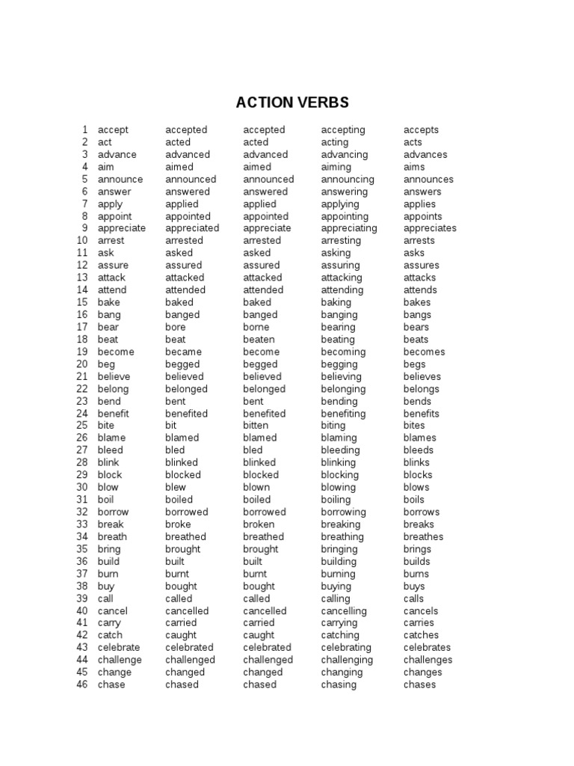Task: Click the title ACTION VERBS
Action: pyautogui.click(x=292, y=102)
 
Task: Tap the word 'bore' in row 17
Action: pyautogui.click(x=176, y=327)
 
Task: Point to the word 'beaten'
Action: pyautogui.click(x=259, y=340)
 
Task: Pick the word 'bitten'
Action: pyautogui.click(x=256, y=426)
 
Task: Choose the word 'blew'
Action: pyautogui.click(x=176, y=487)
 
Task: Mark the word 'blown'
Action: pyautogui.click(x=256, y=487)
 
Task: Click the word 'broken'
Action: pyautogui.click(x=259, y=524)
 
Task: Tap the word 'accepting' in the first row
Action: pyautogui.click(x=343, y=130)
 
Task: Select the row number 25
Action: pyautogui.click(x=82, y=426)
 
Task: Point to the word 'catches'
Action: pyautogui.click(x=422, y=635)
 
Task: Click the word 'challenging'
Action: pyautogui.click(x=347, y=660)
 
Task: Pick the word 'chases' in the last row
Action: pyautogui.click(x=419, y=684)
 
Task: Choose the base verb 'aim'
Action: pyautogui.click(x=106, y=167)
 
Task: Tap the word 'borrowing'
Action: pyautogui.click(x=344, y=512)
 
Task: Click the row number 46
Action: pyautogui.click(x=82, y=684)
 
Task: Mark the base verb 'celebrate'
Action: pyautogui.click(x=119, y=647)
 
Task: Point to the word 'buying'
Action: pyautogui.click(x=336, y=586)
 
